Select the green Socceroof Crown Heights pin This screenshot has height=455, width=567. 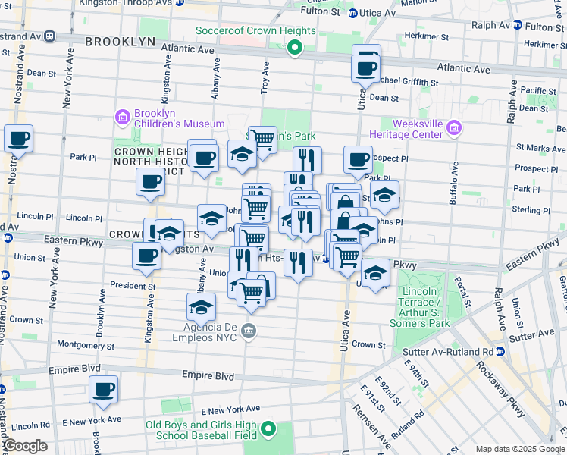coord(295,50)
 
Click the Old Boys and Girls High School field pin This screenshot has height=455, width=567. coord(268,431)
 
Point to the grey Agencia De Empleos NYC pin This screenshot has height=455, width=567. coord(251,331)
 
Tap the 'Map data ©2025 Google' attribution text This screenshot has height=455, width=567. coord(519,449)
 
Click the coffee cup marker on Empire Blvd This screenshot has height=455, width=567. coord(103,390)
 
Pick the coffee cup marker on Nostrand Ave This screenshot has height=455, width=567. coord(18,139)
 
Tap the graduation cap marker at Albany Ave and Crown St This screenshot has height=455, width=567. coord(201,307)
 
